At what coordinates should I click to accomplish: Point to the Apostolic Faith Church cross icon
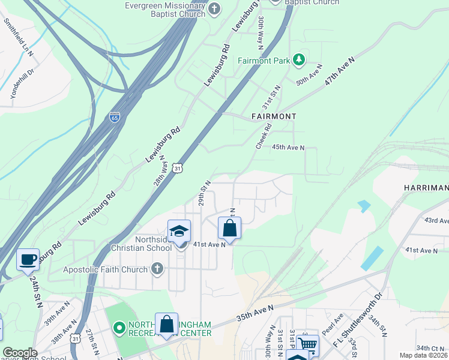click(x=157, y=269)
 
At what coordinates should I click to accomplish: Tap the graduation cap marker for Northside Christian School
click(x=179, y=232)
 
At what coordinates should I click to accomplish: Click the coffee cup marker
click(x=28, y=259)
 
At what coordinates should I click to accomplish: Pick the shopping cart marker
click(x=307, y=344)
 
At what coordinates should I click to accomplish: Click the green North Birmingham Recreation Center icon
click(x=119, y=328)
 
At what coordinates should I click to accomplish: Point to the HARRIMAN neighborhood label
click(x=426, y=188)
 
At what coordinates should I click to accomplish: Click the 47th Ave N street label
click(x=340, y=71)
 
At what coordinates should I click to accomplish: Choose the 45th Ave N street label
click(x=288, y=147)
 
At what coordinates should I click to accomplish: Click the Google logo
click(x=20, y=353)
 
